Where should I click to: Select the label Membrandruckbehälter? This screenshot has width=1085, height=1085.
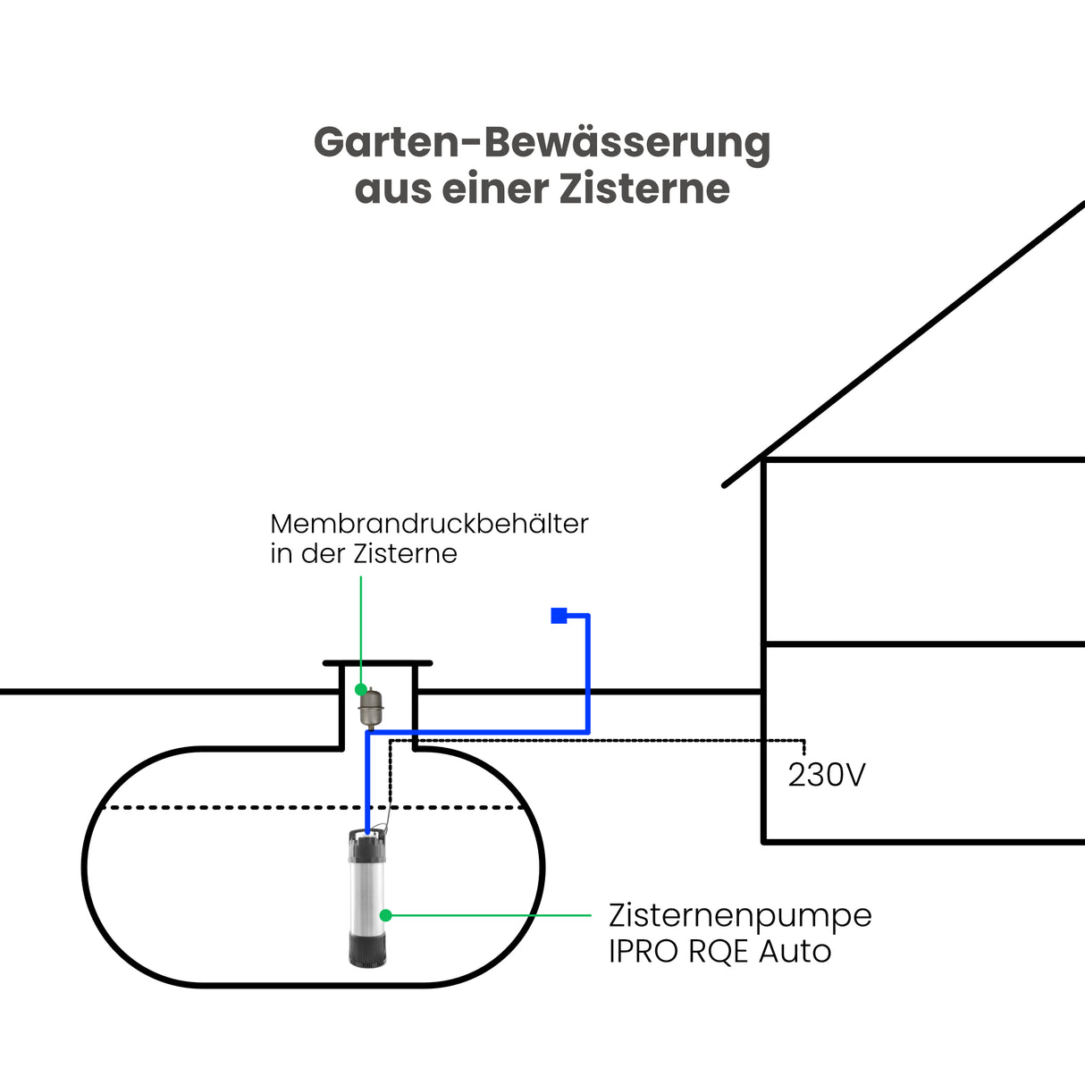pos(429,524)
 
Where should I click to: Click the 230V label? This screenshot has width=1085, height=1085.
pos(827,775)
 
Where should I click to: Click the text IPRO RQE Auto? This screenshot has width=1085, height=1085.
pos(719,951)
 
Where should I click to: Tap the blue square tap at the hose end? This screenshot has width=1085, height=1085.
pos(559,615)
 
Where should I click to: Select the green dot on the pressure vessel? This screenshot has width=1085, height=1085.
pos(361,690)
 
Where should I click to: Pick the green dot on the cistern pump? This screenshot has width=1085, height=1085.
pos(386,915)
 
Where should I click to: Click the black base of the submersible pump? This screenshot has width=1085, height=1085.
pos(368,948)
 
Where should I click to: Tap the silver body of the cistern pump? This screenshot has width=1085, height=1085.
pos(368,894)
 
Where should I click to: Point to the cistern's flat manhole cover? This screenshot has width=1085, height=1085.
pos(377,663)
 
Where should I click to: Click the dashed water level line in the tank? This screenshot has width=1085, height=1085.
pos(223,808)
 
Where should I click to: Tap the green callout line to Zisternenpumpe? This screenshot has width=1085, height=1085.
pos(492,915)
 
